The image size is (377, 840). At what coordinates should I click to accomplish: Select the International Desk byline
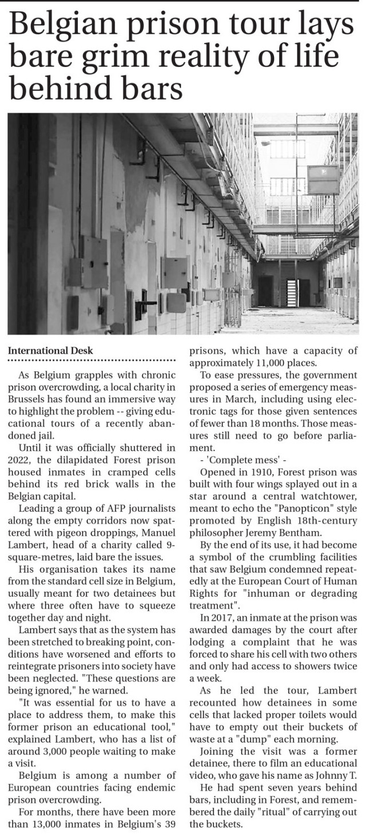(50, 350)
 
